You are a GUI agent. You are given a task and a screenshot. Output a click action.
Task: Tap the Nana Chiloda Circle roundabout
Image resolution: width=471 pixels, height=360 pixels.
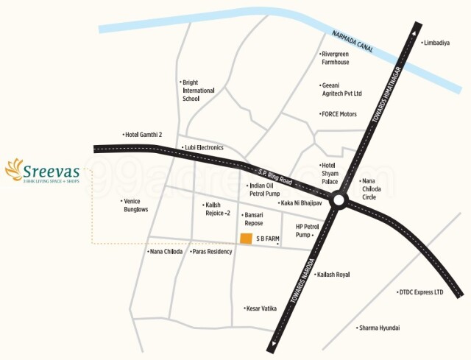(x=339, y=200)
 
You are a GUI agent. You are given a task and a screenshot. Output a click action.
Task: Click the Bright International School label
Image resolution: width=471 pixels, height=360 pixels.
(x=198, y=90)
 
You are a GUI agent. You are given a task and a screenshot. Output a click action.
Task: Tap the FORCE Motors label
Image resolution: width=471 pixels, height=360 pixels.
(x=339, y=114)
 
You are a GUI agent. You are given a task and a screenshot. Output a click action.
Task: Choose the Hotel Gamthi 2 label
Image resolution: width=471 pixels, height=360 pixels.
(x=143, y=135)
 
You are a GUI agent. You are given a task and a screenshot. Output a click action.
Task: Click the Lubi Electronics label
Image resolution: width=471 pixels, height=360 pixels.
(x=203, y=147)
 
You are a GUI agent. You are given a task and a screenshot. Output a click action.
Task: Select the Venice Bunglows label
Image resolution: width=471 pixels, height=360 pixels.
(x=135, y=205)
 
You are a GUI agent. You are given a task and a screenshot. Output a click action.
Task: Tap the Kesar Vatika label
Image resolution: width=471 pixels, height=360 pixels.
(x=261, y=308)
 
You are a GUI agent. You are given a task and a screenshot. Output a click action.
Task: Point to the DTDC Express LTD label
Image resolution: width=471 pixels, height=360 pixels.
(x=421, y=292)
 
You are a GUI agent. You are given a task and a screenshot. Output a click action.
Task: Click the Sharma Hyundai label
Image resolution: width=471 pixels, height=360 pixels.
(x=379, y=328)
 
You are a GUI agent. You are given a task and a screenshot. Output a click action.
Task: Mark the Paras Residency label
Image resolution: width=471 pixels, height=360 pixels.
(x=212, y=251)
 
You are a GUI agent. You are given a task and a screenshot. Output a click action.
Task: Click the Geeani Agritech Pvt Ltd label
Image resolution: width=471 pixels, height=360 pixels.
(x=341, y=90)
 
